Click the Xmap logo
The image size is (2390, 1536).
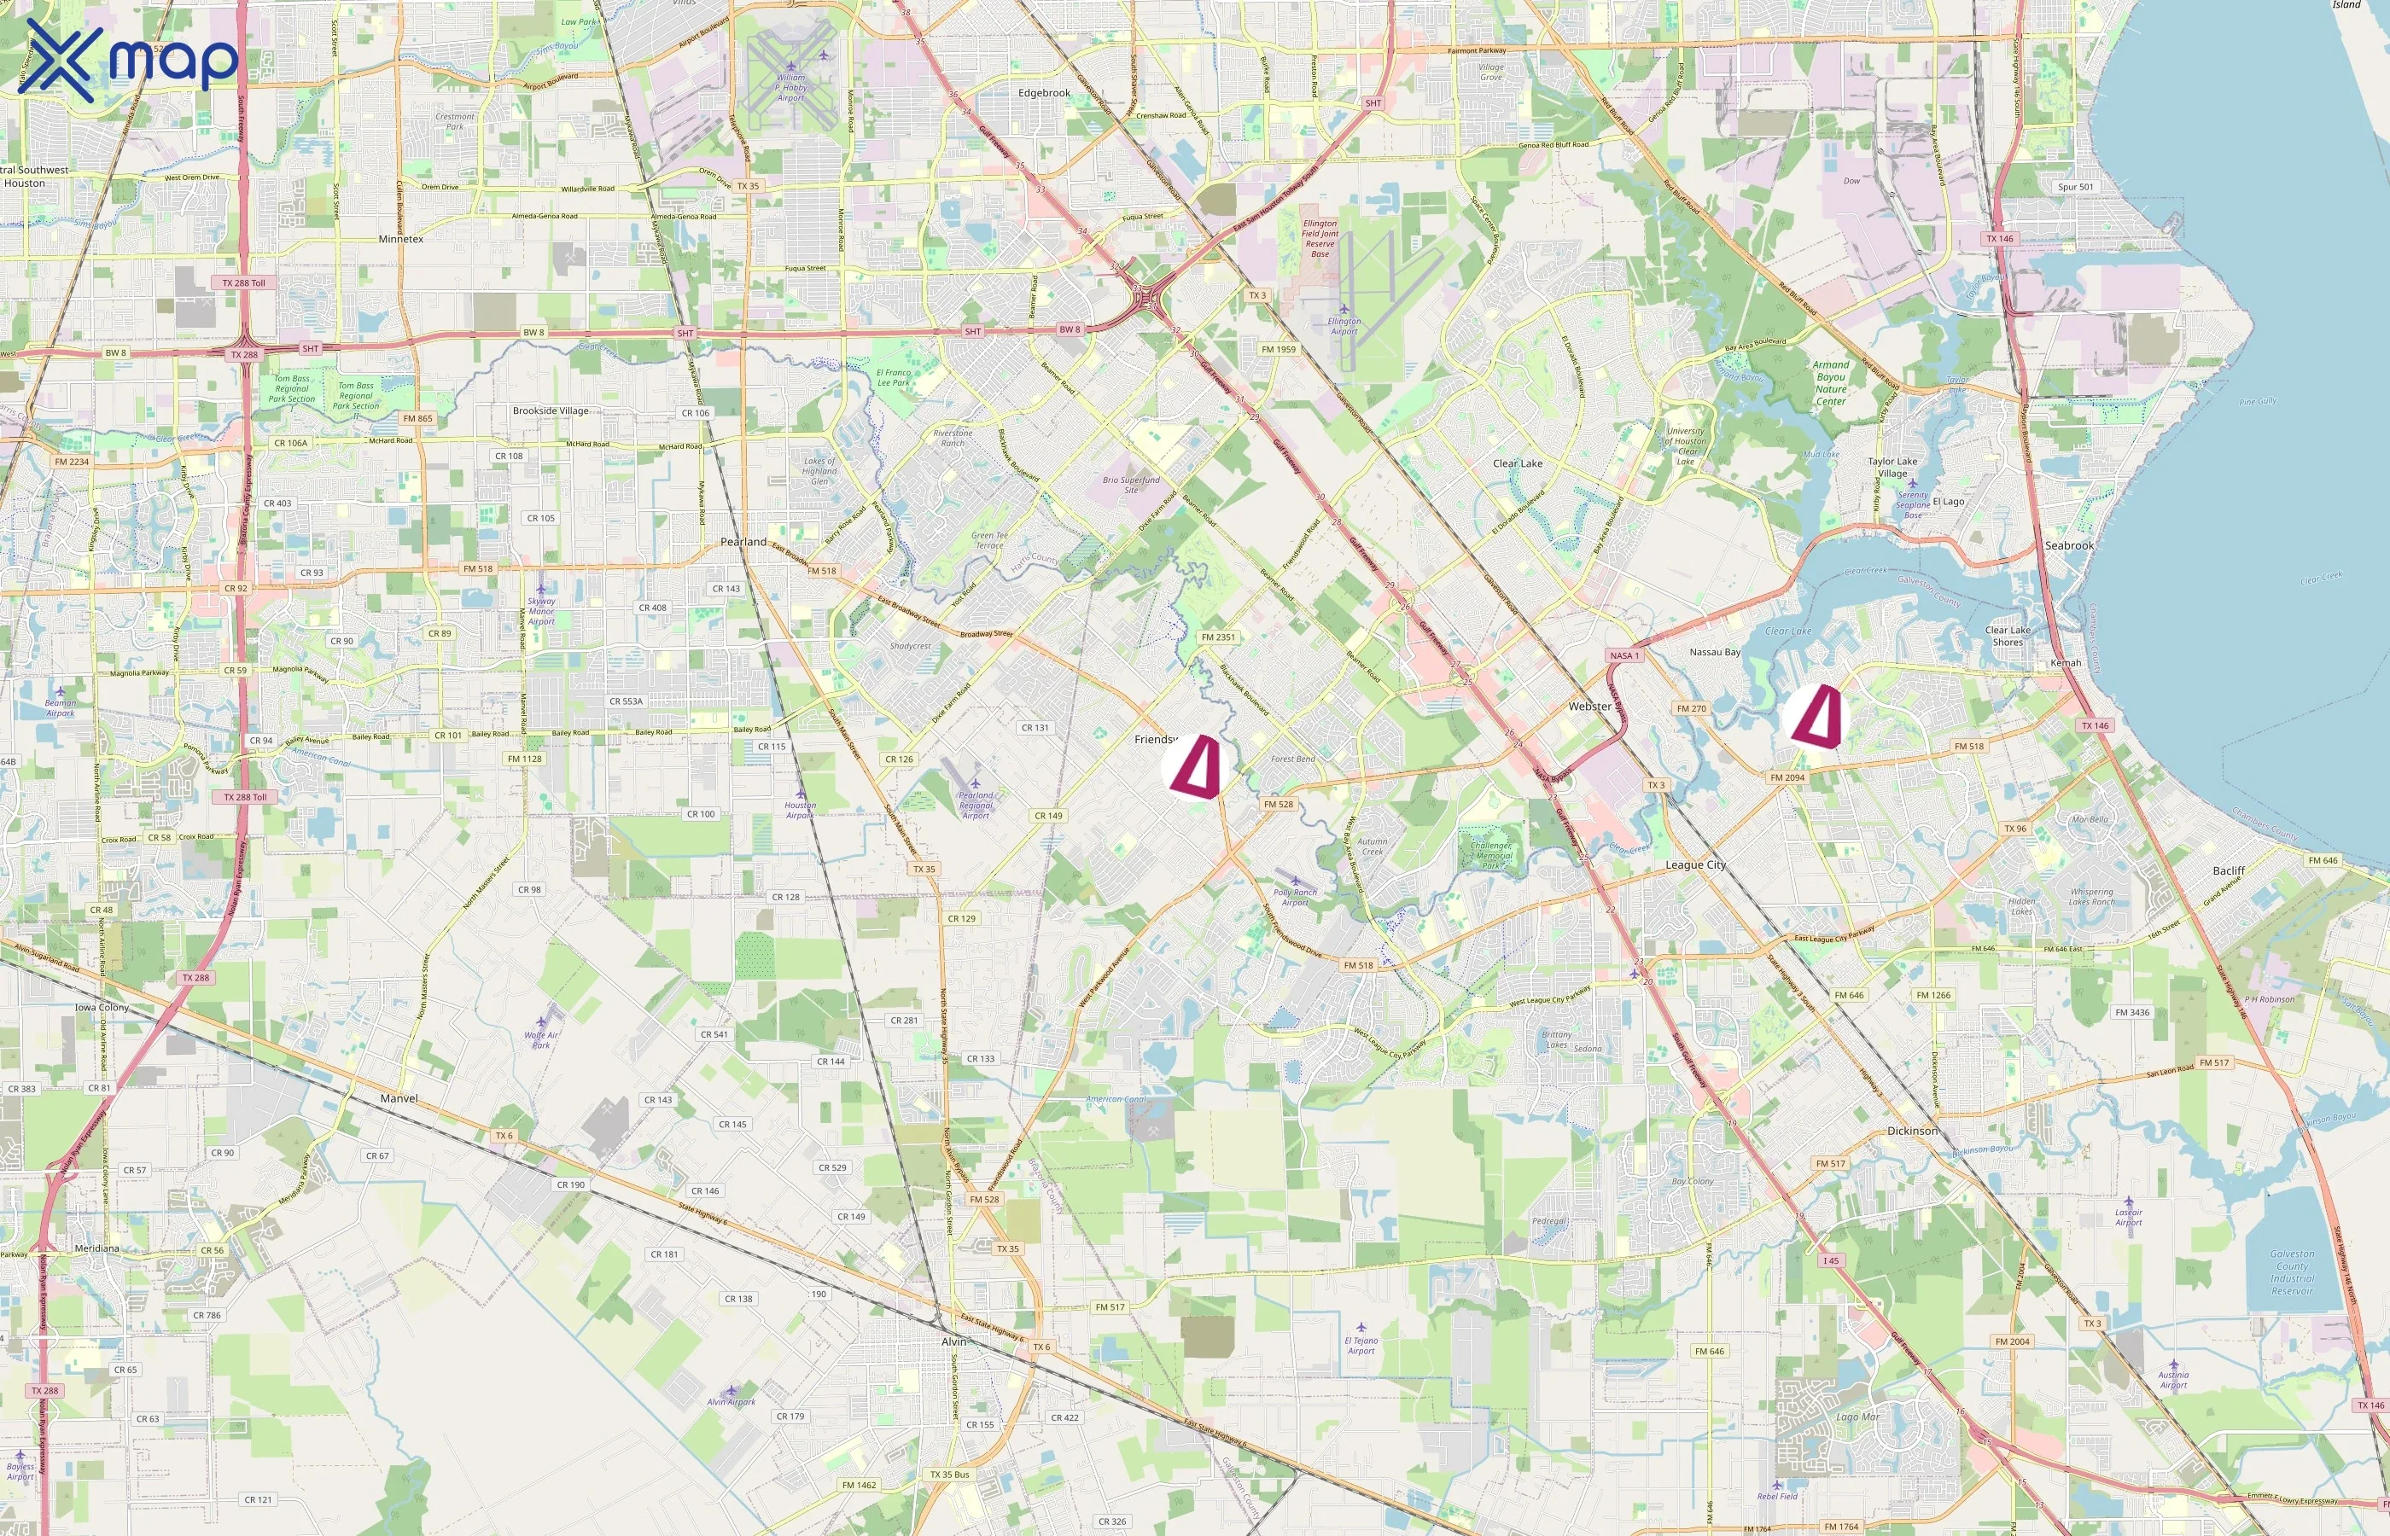pos(128,61)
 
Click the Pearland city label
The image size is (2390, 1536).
pos(743,542)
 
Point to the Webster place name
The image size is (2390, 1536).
pos(1589,707)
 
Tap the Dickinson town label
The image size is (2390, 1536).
pos(1912,1131)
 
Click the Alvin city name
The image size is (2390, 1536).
pos(953,1341)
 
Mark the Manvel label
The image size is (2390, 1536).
pos(399,1098)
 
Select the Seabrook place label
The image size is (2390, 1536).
pos(2069,545)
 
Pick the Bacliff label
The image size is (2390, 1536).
pos(2229,870)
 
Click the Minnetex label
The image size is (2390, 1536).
pos(401,240)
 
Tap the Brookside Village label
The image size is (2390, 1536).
pos(550,411)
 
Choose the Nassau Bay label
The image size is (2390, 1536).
pos(1715,652)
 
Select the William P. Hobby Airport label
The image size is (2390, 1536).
pos(790,87)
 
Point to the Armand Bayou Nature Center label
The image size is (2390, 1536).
pos(1830,383)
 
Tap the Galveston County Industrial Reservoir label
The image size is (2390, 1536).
pos(2291,1271)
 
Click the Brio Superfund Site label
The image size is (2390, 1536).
pos(1131,485)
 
